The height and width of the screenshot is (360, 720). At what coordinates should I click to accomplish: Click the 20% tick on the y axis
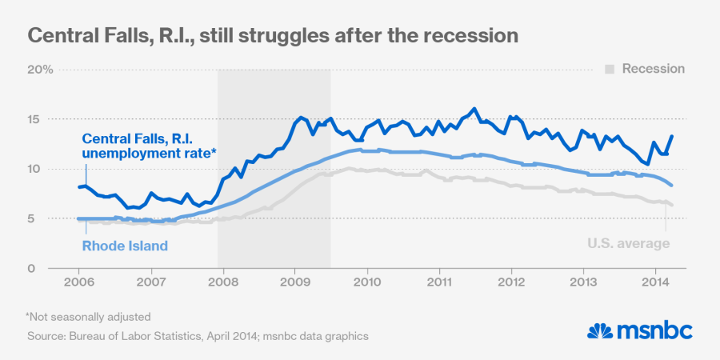tap(41, 70)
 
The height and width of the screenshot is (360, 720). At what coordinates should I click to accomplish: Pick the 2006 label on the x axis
tap(78, 283)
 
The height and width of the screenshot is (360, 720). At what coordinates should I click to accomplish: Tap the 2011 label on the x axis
tap(439, 283)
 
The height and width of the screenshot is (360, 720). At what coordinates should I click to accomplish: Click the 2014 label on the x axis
tap(656, 283)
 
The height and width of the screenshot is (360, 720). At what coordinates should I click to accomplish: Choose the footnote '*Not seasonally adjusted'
tap(88, 317)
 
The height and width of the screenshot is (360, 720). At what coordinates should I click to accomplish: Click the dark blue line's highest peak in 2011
tap(474, 109)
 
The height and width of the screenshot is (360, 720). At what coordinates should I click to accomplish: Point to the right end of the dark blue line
tap(671, 136)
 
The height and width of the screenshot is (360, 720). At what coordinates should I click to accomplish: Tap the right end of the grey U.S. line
tap(672, 206)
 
